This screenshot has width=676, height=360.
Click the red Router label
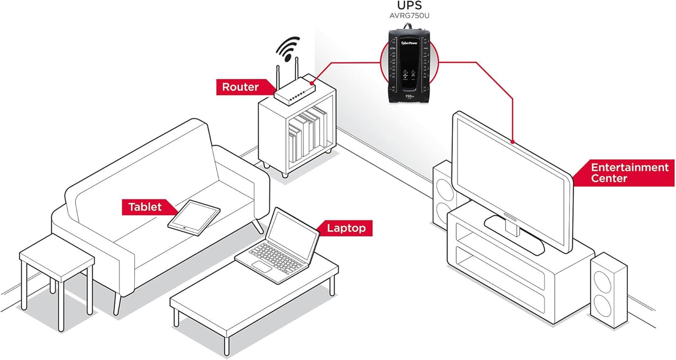[x=240, y=87]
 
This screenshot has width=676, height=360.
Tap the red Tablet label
[x=145, y=207]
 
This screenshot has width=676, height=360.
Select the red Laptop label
[x=345, y=228]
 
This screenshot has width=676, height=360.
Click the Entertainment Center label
[x=629, y=173]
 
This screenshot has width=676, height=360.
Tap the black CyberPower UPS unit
[x=410, y=66]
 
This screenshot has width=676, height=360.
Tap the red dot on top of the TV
[x=513, y=141]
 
